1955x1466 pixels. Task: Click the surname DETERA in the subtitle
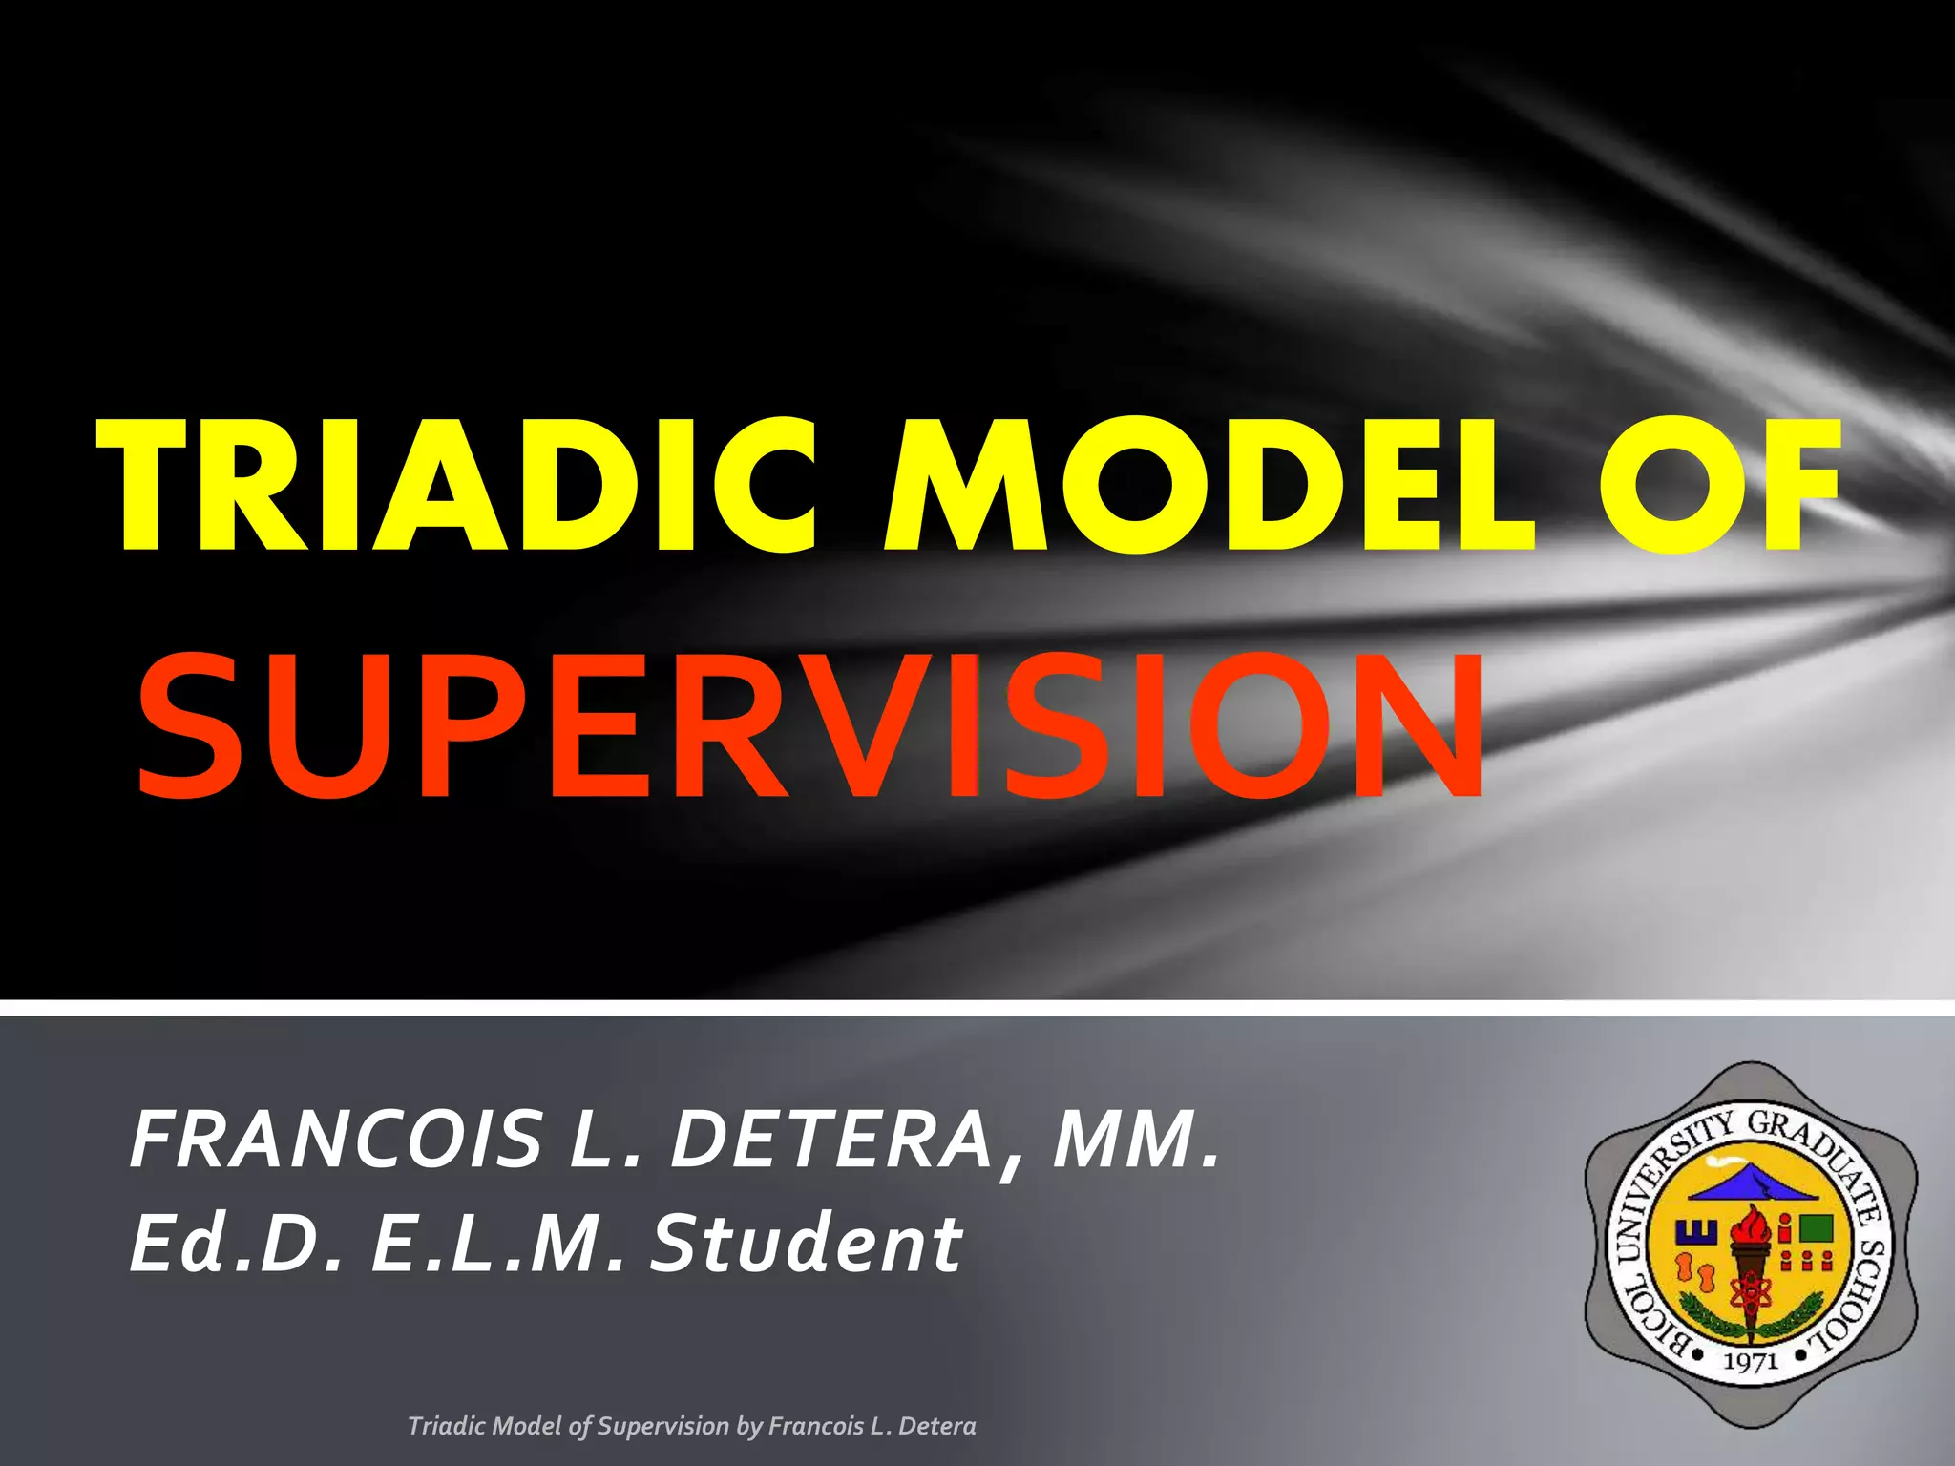click(x=830, y=1140)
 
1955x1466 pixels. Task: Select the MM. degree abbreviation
click(x=1136, y=1140)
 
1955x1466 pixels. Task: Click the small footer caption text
click(x=691, y=1426)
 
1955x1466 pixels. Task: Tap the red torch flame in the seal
click(x=1753, y=1226)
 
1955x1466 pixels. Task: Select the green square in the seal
click(x=1816, y=1227)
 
